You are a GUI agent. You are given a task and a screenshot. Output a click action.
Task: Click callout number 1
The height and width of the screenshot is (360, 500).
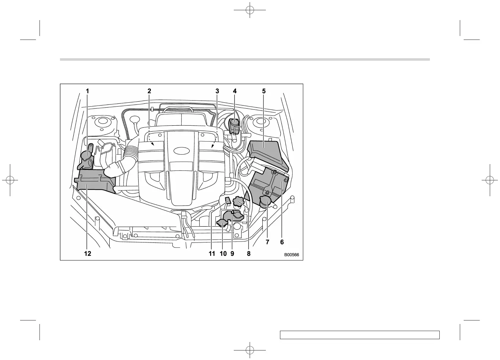coord(87,91)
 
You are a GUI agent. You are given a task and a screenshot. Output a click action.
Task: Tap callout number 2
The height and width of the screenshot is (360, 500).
coord(149,91)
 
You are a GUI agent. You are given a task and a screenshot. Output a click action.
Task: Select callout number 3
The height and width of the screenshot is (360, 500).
coord(217,91)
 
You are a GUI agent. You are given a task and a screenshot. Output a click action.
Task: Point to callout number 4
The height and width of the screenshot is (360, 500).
coord(234,91)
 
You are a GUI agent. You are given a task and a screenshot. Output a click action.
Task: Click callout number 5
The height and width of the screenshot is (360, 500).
coord(264,91)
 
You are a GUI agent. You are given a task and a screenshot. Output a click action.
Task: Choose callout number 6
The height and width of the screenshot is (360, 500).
coord(282,242)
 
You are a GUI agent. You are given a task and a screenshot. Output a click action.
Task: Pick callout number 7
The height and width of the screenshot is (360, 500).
coord(267,242)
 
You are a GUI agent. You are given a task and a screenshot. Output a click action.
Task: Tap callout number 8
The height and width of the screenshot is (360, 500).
coord(249,253)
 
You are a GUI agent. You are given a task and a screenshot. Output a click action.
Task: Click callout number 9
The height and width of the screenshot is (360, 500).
coord(232,253)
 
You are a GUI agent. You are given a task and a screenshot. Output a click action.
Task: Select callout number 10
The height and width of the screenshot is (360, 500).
coord(223,253)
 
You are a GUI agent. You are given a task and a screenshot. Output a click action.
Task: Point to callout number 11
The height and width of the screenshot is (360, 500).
coord(212,253)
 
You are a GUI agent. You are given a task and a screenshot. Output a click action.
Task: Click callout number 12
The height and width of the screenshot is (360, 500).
coord(87,253)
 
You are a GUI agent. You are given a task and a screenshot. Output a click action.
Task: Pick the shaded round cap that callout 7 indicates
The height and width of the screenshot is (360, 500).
coord(265,202)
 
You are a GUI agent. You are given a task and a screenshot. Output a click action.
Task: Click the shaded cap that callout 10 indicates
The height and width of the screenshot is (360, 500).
coord(222,223)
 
